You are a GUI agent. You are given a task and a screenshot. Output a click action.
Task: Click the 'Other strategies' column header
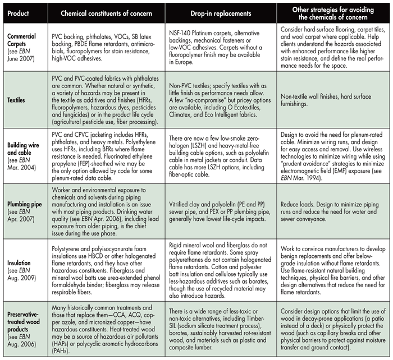click(x=333, y=12)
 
